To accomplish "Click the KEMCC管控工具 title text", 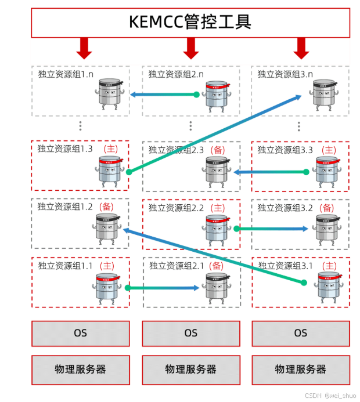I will pyautogui.click(x=190, y=22).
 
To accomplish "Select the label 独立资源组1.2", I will pyautogui.click(x=66, y=207).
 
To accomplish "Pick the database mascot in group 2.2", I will pyautogui.click(x=216, y=229).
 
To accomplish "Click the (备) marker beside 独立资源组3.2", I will pyautogui.click(x=327, y=208).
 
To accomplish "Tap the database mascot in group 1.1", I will pyautogui.click(x=107, y=288).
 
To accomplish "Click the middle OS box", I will pyautogui.click(x=190, y=333).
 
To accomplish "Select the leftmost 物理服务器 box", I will pyautogui.click(x=81, y=369).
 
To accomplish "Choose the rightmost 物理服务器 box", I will pyautogui.click(x=300, y=369).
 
